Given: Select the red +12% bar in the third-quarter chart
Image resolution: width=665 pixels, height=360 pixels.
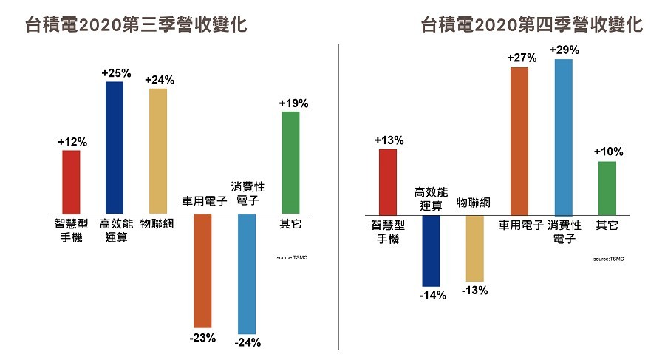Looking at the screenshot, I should [x=71, y=182].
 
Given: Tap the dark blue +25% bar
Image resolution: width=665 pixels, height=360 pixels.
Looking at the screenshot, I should [x=115, y=148].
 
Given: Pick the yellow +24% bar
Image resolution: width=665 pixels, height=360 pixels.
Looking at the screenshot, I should [x=158, y=151].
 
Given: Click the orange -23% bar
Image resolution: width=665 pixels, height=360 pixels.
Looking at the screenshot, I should [x=202, y=271].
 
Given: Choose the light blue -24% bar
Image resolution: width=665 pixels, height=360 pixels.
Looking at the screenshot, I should [x=246, y=274].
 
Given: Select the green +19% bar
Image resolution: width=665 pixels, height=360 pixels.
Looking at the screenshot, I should [x=290, y=163].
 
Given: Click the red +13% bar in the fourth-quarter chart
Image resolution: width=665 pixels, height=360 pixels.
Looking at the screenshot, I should [x=387, y=182].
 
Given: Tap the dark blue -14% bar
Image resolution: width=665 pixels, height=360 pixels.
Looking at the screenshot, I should [x=431, y=251].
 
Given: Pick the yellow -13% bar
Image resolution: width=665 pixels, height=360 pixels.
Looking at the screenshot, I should [x=474, y=248].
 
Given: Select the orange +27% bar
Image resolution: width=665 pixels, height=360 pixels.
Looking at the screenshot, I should [x=519, y=140].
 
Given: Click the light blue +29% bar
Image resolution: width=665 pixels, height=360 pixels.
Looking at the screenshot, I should [x=563, y=137].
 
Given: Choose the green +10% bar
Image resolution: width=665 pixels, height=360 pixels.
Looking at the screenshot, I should [x=607, y=188].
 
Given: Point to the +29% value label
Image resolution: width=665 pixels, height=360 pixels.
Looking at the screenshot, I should [x=564, y=50].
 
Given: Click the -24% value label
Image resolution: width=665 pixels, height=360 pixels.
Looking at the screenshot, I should [x=246, y=342].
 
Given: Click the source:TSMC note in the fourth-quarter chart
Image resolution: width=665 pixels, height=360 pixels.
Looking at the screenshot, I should [x=609, y=259].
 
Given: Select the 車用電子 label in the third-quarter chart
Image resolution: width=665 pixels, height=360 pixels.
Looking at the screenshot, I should [x=202, y=201].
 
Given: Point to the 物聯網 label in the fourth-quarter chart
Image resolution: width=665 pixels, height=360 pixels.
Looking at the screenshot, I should [x=474, y=203].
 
